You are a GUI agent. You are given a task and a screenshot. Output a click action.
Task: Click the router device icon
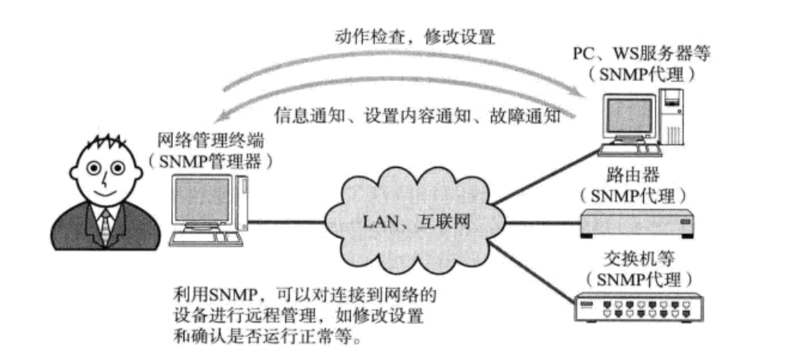(637, 223)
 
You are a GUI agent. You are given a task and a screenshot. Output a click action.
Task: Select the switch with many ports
(637, 306)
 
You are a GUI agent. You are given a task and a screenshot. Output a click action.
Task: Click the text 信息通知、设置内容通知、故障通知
(418, 117)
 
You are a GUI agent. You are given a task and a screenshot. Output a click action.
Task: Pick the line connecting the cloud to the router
(539, 219)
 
